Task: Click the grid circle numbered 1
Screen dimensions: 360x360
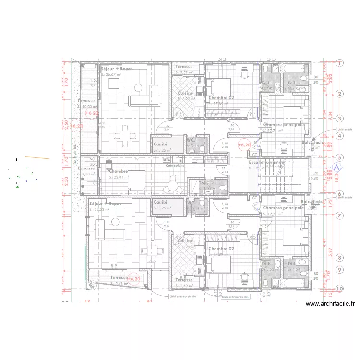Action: (x=340, y=63)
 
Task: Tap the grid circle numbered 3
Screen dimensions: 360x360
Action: (x=340, y=119)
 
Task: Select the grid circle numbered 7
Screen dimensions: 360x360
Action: (x=340, y=216)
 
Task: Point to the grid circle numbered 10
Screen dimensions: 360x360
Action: (x=340, y=288)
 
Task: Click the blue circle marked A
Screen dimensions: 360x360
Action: (x=337, y=168)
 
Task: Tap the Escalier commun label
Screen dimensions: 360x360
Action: (x=267, y=163)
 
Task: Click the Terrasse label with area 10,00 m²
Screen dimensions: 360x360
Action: (x=86, y=101)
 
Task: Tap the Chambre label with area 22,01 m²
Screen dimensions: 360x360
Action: (x=118, y=171)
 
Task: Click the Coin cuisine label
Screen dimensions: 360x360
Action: (x=175, y=166)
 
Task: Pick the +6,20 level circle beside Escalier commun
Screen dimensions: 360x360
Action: (x=244, y=144)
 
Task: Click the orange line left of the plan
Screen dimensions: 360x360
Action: (x=37, y=157)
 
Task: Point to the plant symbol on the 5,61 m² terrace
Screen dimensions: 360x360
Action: (x=91, y=287)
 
